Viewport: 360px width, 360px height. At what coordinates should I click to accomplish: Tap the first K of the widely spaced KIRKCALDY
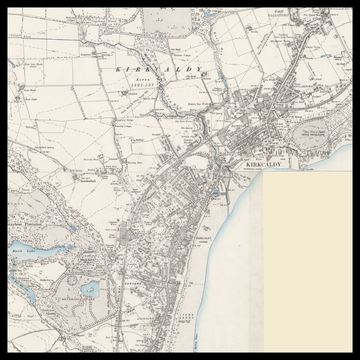pos(119,69)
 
